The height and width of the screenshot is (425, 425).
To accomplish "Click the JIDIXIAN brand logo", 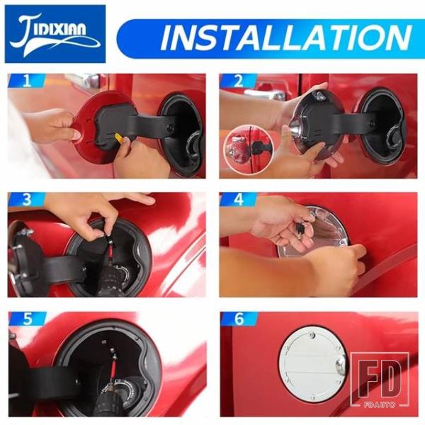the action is click(x=55, y=34).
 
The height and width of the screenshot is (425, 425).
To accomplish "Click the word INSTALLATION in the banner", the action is click(x=286, y=38).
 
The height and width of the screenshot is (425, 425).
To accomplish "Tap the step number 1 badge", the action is click(x=27, y=81).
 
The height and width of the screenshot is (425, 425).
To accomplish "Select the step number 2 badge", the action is click(x=238, y=81).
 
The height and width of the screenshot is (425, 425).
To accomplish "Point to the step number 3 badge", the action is click(x=27, y=200).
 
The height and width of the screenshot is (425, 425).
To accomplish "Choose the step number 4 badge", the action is click(x=238, y=200).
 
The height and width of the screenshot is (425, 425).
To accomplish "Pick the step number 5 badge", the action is click(x=27, y=319).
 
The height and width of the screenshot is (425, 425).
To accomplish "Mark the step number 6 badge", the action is click(x=239, y=319).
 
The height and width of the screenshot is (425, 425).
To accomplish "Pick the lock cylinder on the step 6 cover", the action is click(x=341, y=365).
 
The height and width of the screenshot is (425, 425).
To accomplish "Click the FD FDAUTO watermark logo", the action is click(x=380, y=380).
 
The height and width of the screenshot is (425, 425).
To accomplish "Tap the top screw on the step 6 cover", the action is click(x=312, y=335).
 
